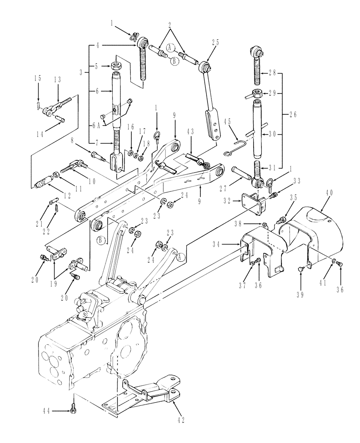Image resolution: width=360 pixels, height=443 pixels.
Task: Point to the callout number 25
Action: click(x=216, y=43)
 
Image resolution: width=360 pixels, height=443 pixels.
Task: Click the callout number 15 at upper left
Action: click(x=38, y=78)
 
